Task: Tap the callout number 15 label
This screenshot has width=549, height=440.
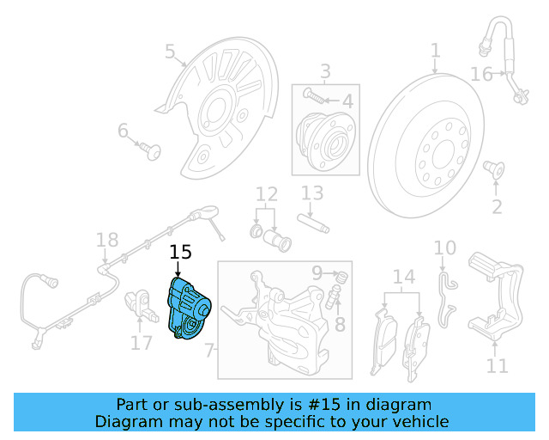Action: pyautogui.click(x=180, y=252)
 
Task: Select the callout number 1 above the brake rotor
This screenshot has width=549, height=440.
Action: pyautogui.click(x=436, y=50)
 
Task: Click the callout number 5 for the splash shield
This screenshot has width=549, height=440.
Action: pyautogui.click(x=170, y=53)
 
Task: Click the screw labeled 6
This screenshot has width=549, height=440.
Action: pyautogui.click(x=154, y=151)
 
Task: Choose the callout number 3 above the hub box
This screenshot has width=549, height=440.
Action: pyautogui.click(x=325, y=70)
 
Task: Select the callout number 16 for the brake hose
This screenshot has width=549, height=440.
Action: pyautogui.click(x=481, y=74)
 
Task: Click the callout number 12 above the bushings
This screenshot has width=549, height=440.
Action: pyautogui.click(x=267, y=193)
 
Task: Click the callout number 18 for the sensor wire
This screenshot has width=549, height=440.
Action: pyautogui.click(x=106, y=240)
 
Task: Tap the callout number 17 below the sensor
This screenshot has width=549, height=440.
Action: pyautogui.click(x=141, y=344)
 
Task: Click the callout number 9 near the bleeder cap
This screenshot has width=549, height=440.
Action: pyautogui.click(x=317, y=273)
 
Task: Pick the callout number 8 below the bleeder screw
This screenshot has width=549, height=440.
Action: pyautogui.click(x=340, y=324)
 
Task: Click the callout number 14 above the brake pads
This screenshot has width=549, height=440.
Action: pyautogui.click(x=403, y=277)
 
